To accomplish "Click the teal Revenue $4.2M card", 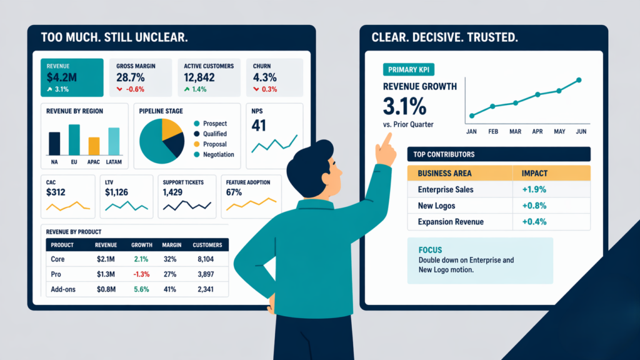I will coord(72,77).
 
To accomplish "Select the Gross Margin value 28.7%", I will coord(131,77).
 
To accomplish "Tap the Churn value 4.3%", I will coord(265,77).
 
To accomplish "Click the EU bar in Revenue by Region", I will coord(74,139).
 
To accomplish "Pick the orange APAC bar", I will coord(94,146).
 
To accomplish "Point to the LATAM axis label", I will coord(113,162).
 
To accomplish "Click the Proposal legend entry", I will coord(214,144).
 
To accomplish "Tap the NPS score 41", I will coord(258,126).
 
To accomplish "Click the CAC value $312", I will coord(56,192).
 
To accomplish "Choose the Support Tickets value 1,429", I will coord(172,192).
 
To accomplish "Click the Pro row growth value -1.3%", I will coord(141,274).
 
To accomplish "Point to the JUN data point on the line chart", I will coord(579,80).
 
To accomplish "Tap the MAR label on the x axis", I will coord(515,132).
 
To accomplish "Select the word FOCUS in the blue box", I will coord(431,250).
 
